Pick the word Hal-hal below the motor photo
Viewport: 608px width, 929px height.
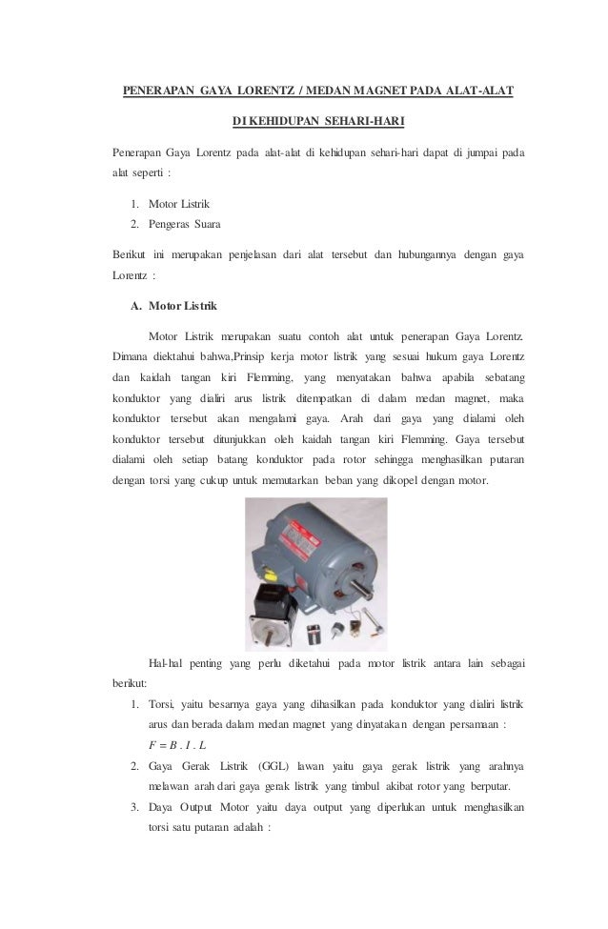pos(169,663)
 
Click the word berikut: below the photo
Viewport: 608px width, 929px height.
pos(128,683)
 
